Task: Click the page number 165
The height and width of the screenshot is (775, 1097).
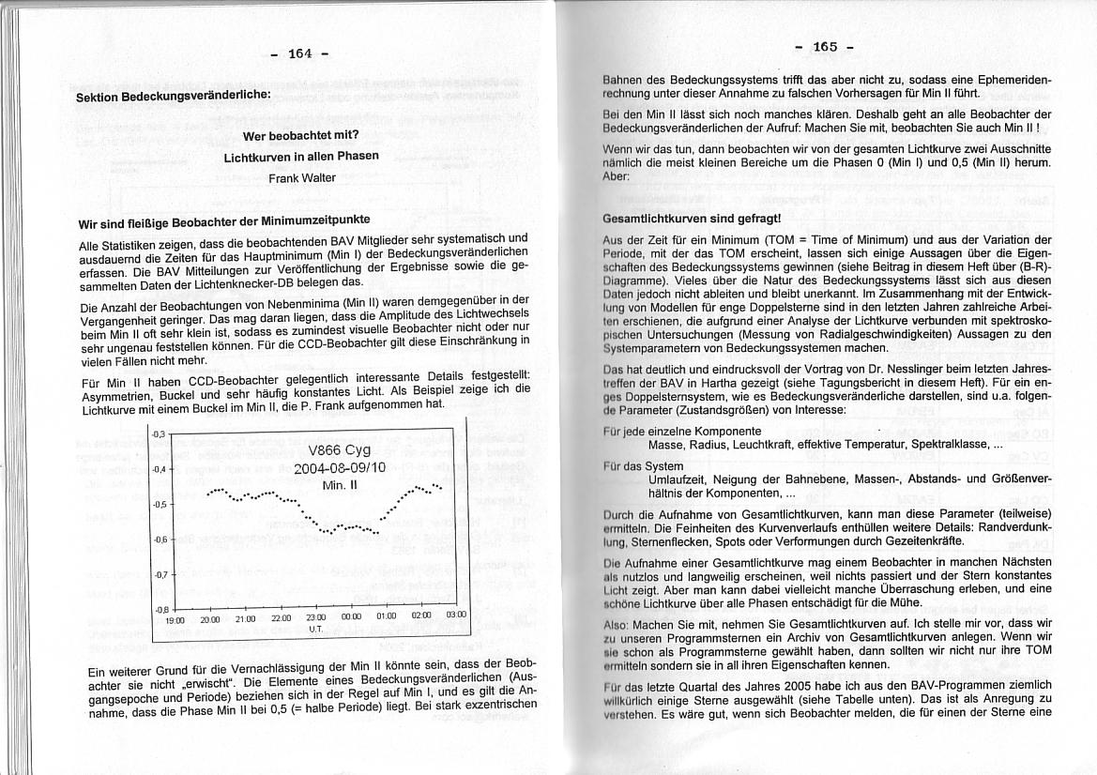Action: [825, 47]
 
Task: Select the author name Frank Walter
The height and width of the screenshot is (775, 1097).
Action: [301, 177]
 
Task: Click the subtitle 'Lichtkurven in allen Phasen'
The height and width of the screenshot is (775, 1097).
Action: [301, 156]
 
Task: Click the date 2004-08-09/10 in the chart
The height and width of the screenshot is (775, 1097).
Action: [340, 467]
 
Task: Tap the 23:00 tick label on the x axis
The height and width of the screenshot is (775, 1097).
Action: [315, 617]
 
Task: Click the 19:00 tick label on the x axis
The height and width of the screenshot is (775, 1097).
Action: [175, 620]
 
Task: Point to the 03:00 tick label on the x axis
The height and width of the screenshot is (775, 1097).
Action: [455, 615]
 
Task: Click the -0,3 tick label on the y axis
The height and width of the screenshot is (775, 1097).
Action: [159, 433]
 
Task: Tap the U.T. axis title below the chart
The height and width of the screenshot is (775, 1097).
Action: [315, 629]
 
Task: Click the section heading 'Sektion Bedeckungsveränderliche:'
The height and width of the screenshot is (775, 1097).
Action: [173, 96]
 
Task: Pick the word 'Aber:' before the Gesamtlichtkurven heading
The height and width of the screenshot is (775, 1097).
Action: [616, 176]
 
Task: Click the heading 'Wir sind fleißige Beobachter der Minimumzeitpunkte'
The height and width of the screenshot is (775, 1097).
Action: [223, 224]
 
